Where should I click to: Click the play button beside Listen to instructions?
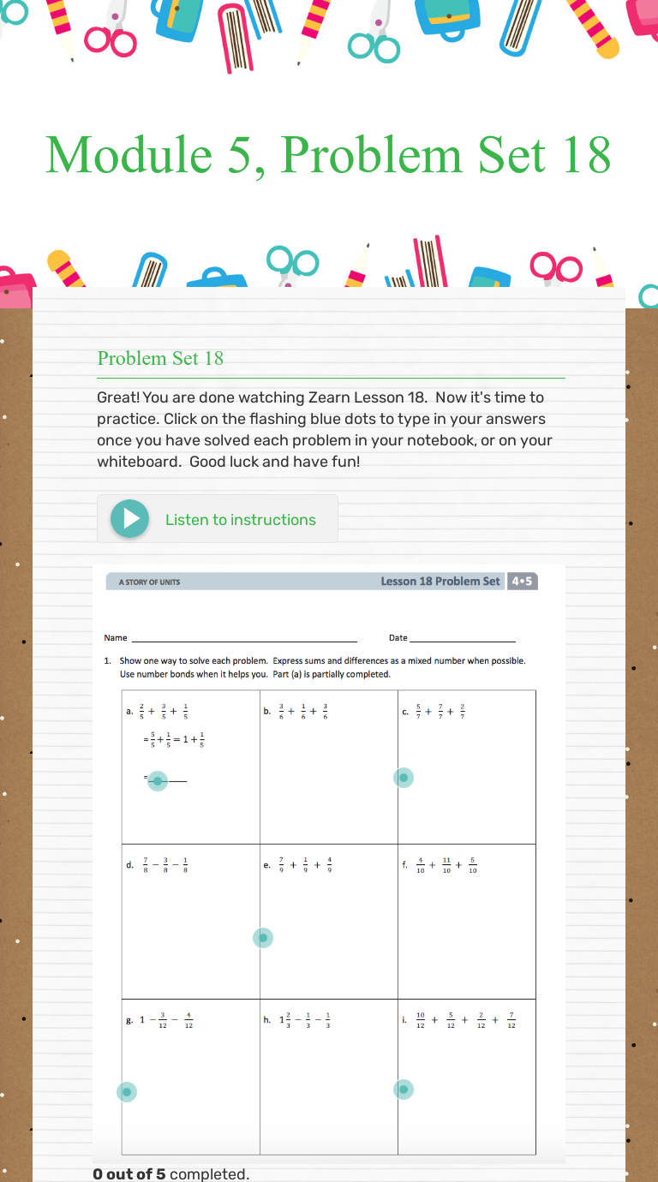click(130, 519)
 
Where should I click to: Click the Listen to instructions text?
click(240, 520)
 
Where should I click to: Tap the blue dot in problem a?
click(158, 780)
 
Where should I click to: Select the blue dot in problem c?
click(404, 778)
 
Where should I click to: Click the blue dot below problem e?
click(263, 938)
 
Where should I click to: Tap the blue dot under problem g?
click(127, 1091)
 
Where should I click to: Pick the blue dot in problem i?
click(404, 1089)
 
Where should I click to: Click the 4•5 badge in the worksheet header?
click(522, 582)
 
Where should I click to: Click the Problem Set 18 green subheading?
click(160, 358)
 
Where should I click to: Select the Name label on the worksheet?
click(116, 637)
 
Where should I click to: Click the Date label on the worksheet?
click(398, 637)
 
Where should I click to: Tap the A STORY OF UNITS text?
click(149, 582)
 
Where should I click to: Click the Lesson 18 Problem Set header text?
click(440, 582)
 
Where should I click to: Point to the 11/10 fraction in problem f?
click(446, 866)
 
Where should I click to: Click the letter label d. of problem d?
click(129, 866)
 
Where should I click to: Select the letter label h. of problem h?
click(267, 1020)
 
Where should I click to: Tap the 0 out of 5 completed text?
click(171, 1174)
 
